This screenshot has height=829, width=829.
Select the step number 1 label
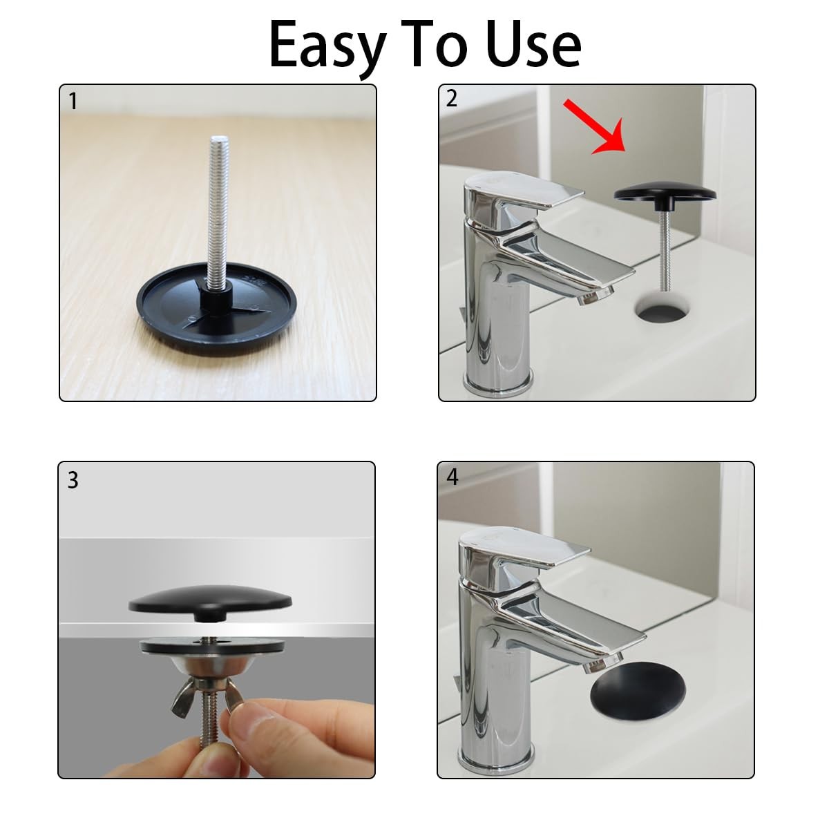pyautogui.click(x=73, y=102)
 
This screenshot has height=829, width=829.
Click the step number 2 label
pyautogui.click(x=451, y=99)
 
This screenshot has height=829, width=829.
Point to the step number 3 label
pyautogui.click(x=73, y=480)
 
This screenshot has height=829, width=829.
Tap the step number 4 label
pyautogui.click(x=452, y=477)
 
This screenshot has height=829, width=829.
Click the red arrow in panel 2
pyautogui.click(x=595, y=126)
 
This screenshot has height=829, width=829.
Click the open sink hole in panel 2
pyautogui.click(x=664, y=307)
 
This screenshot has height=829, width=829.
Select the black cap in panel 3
pyautogui.click(x=210, y=602)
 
